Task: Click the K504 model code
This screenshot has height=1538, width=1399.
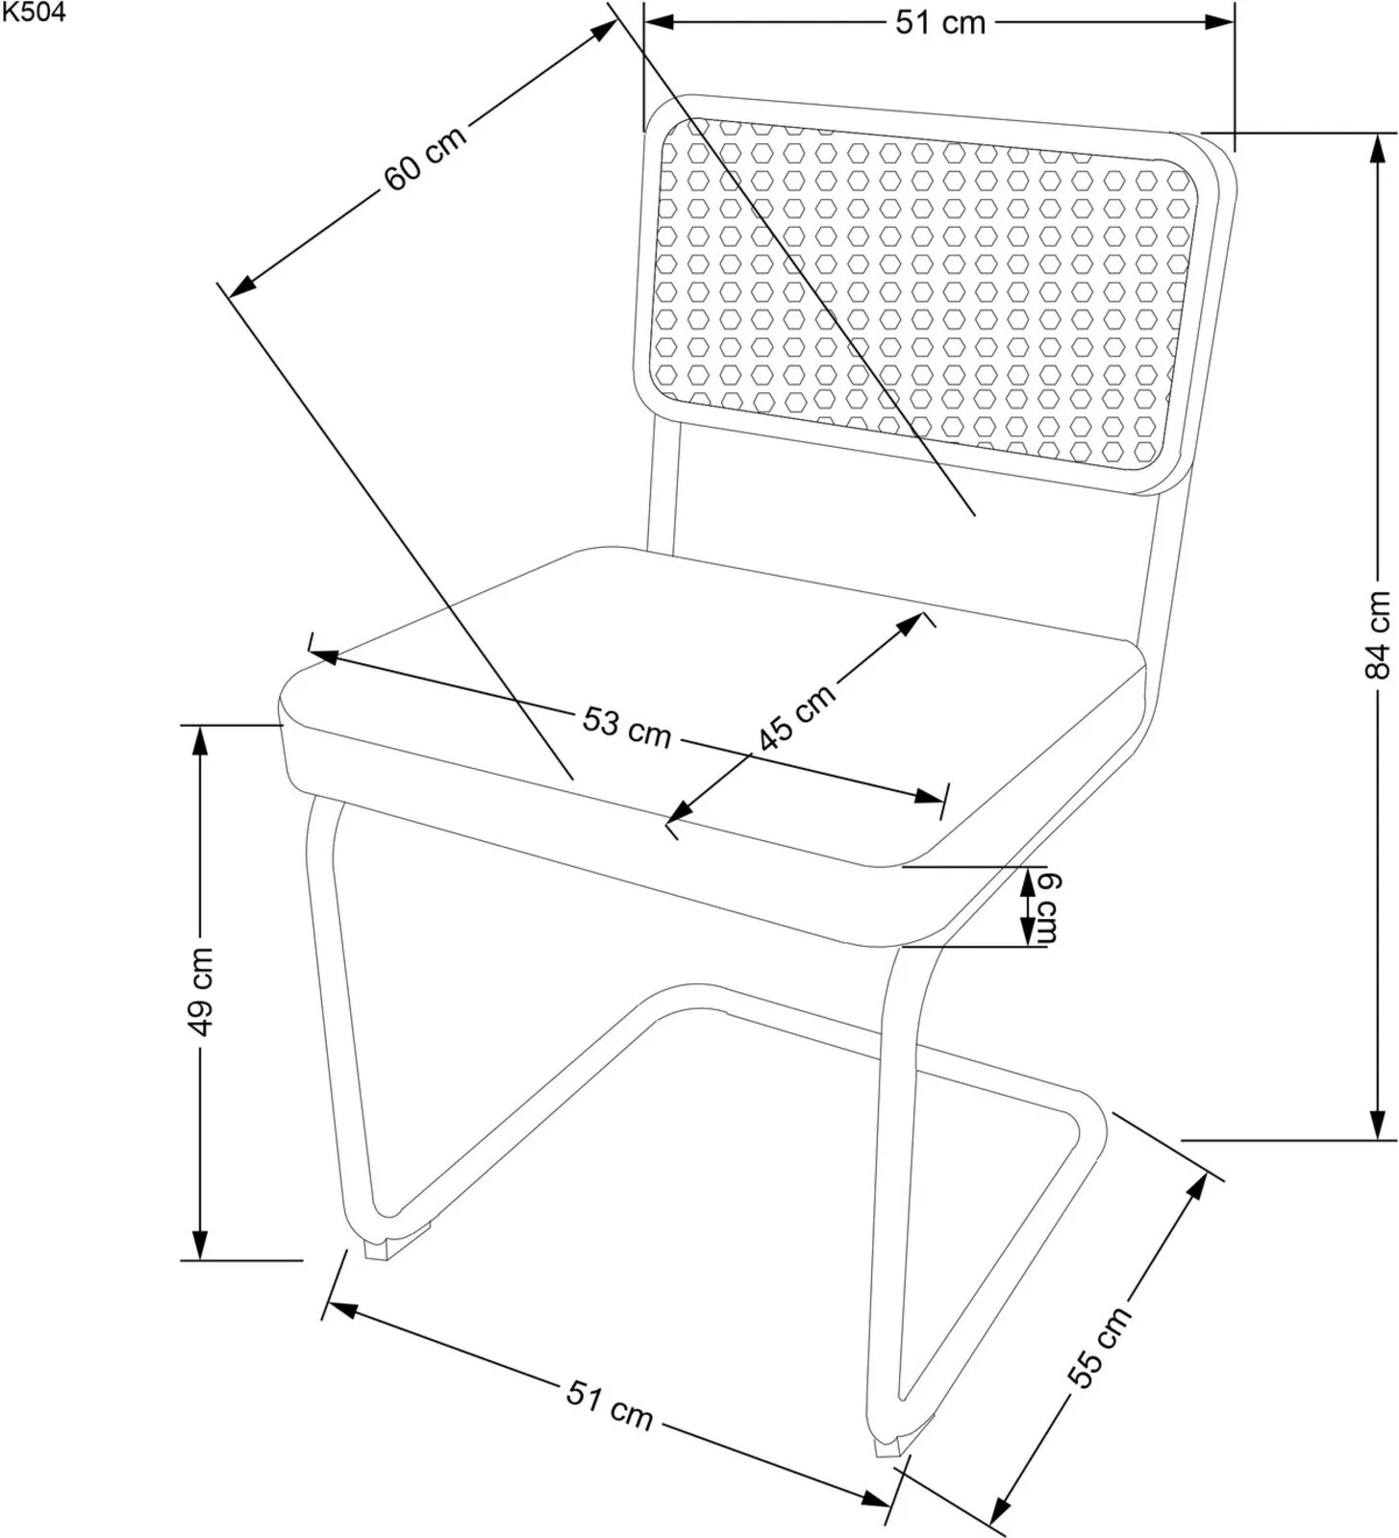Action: pyautogui.click(x=34, y=12)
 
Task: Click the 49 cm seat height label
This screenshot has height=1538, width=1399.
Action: pyautogui.click(x=200, y=992)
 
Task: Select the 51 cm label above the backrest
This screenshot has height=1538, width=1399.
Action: pyautogui.click(x=940, y=22)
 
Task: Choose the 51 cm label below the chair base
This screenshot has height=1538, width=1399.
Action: pyautogui.click(x=609, y=1405)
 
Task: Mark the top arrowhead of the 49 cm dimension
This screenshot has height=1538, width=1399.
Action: pyautogui.click(x=199, y=740)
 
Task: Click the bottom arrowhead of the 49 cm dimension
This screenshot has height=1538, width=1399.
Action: pyautogui.click(x=199, y=1244)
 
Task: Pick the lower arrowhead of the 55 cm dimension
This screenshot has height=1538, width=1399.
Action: pyautogui.click(x=999, y=1510)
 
